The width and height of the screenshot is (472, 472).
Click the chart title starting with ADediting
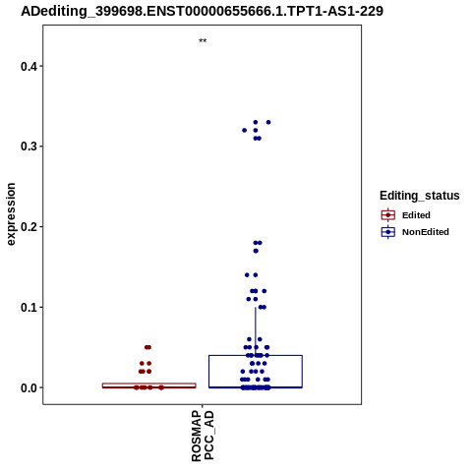pos(202,11)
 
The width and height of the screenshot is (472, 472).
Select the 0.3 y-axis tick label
pos(28,147)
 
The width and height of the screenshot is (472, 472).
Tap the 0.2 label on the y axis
pos(28,226)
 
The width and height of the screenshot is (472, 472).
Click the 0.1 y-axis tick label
pos(28,307)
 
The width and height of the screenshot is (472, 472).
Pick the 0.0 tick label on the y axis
pos(28,387)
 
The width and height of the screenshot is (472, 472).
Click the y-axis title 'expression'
pos(11,214)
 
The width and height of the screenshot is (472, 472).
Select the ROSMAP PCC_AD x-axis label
pos(203,437)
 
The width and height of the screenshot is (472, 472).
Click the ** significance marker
pos(203,41)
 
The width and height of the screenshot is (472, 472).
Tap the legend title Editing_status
pos(420,196)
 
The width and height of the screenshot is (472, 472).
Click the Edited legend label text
pos(416,215)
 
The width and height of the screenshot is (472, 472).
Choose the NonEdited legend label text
pos(426,232)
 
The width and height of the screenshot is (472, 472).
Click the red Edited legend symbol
pos(388,215)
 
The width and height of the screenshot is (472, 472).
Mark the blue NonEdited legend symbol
pos(388,232)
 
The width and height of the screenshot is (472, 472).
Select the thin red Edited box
pos(149,383)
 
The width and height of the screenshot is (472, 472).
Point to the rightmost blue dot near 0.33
pos(268,122)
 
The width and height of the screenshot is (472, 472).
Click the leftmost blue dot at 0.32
pos(244,131)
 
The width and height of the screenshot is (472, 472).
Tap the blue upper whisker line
pos(256,331)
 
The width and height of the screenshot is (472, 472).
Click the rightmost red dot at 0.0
pos(161,387)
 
